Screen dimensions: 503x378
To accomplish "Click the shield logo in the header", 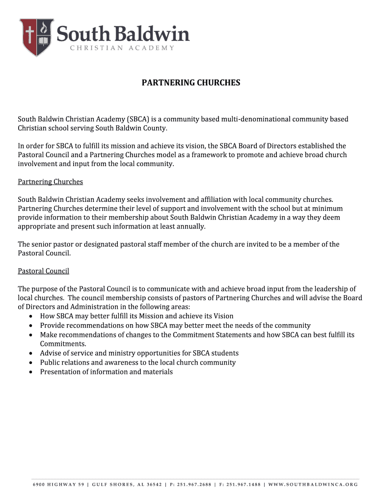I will coord(36,37).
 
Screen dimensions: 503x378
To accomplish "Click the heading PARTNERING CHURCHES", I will coord(191,83).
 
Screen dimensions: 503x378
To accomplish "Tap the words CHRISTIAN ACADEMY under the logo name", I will coord(122,48).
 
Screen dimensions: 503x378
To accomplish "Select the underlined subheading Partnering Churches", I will coord(50,182).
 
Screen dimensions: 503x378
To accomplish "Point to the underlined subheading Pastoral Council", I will coord(43,271).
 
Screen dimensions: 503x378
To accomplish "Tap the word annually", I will coord(189,226).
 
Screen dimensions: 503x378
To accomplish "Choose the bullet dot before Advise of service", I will coord(31,354).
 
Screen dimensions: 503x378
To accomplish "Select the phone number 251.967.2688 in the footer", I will coord(190,484).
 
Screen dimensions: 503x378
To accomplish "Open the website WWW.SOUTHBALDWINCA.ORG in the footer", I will coord(314,484).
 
